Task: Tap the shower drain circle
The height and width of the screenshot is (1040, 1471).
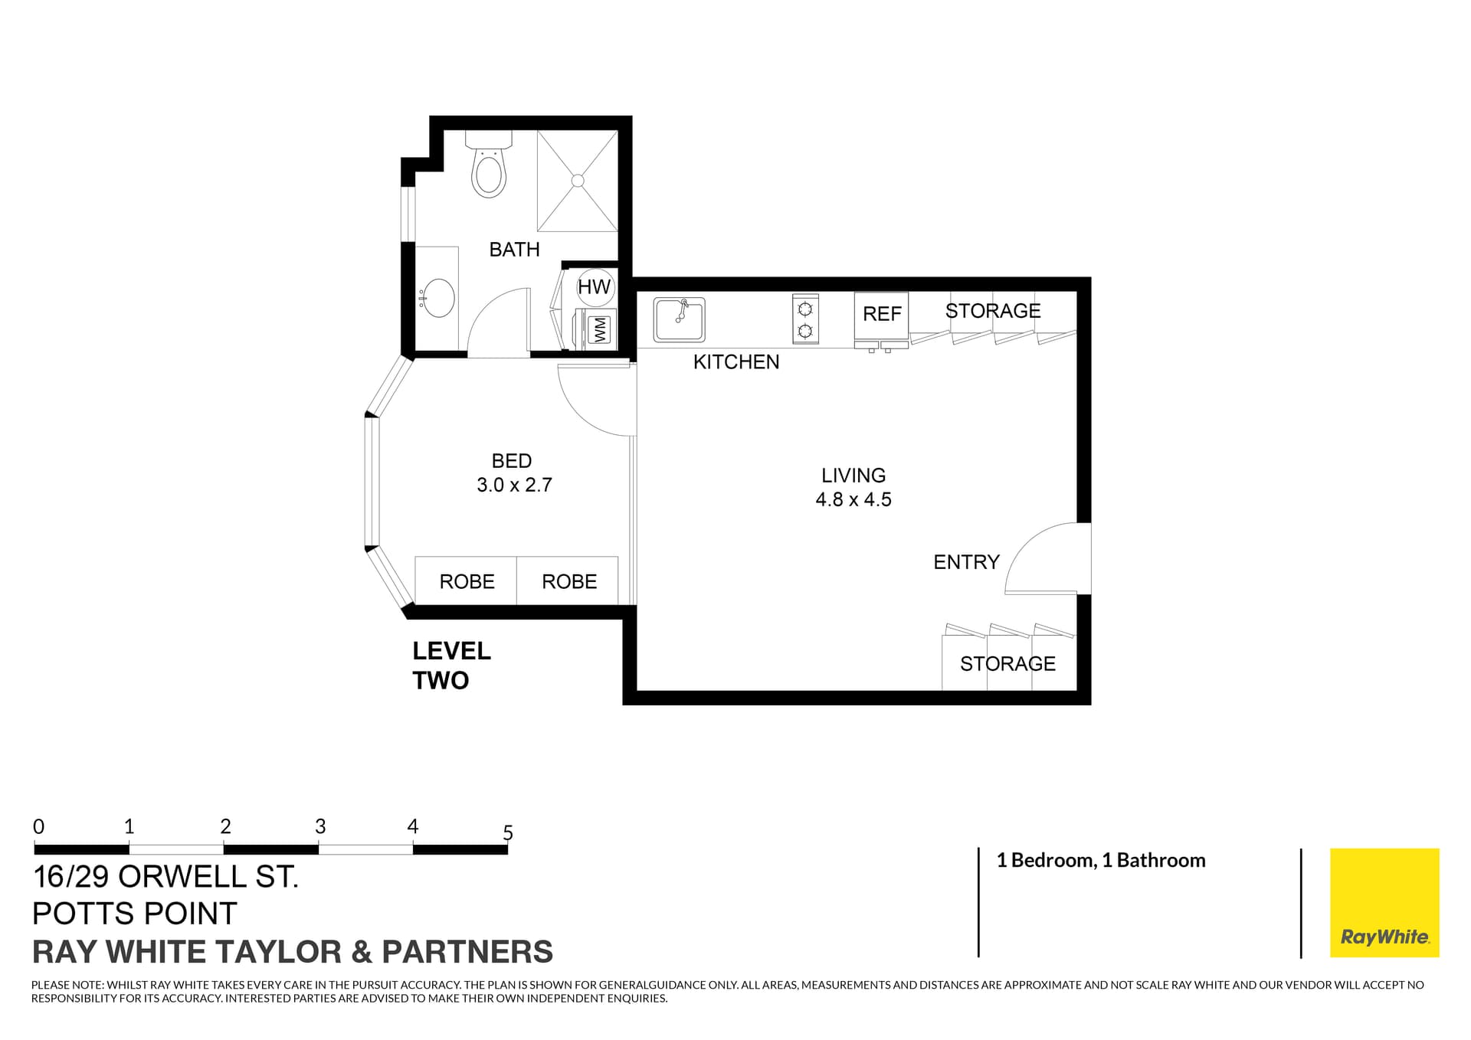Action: [578, 181]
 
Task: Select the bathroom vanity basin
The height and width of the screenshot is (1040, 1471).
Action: [438, 298]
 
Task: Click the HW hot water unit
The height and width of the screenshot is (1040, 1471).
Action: [594, 286]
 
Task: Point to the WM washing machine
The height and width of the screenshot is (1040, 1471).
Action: [598, 330]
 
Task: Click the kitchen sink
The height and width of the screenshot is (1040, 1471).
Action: [679, 319]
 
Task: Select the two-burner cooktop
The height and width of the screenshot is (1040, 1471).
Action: [805, 319]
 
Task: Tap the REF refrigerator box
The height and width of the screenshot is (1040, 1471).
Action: [881, 314]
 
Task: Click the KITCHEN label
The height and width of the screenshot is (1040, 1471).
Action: [735, 361]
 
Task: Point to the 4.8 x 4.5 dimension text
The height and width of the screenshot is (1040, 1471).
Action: [853, 499]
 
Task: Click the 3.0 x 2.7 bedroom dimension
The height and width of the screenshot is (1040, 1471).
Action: [514, 485]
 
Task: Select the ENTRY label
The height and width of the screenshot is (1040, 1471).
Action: [966, 562]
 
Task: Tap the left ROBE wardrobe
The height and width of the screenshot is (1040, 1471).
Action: [466, 581]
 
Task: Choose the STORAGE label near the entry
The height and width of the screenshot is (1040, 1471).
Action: [1007, 663]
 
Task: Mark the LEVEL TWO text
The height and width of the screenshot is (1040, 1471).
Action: [450, 666]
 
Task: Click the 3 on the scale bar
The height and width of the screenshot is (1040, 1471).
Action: [320, 826]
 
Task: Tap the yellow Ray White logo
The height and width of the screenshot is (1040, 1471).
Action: [1384, 902]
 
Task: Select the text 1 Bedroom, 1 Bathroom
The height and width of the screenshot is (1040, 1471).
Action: [1100, 860]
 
